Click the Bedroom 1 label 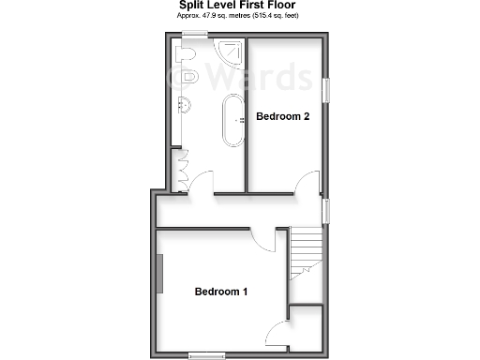click(x=221, y=292)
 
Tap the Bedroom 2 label click(x=283, y=116)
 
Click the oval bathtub click(x=231, y=121)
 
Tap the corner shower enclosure click(x=227, y=52)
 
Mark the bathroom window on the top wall click(x=195, y=36)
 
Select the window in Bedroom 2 click(x=327, y=90)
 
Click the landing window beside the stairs click(x=327, y=212)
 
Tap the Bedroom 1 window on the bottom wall click(x=206, y=354)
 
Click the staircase click(x=306, y=251)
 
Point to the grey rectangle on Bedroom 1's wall click(x=159, y=274)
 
